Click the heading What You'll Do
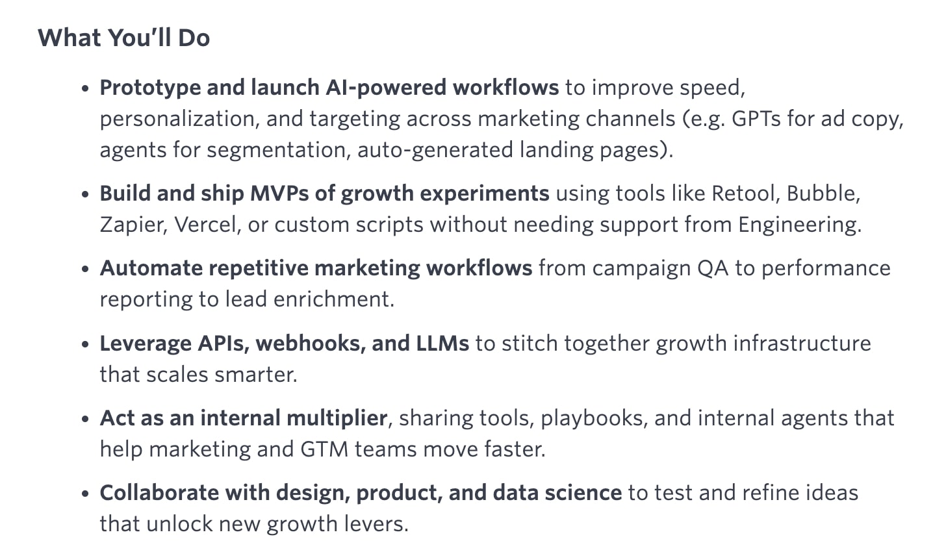coord(123,38)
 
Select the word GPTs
coord(756,119)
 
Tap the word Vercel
coord(207,225)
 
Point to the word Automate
coord(151,268)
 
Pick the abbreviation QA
coord(713,268)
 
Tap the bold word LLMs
coord(442,344)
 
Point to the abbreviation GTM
coord(324,449)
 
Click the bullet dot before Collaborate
coord(85,494)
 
